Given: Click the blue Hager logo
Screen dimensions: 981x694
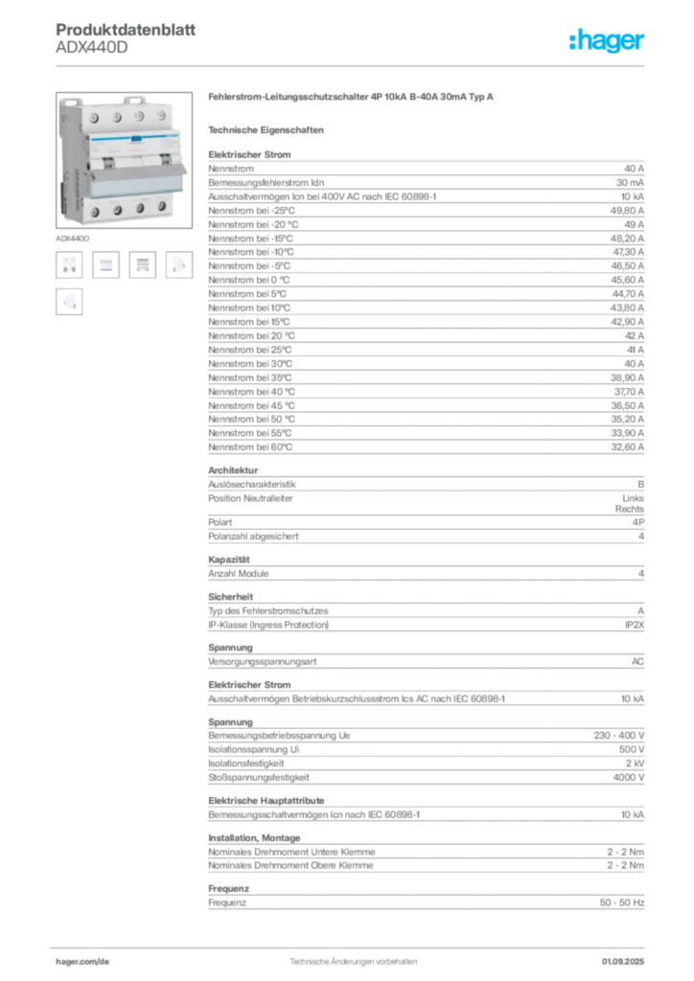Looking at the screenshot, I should [608, 41].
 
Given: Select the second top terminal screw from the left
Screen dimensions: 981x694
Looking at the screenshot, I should [116, 115].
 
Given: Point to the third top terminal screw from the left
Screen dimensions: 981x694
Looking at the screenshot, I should [139, 117].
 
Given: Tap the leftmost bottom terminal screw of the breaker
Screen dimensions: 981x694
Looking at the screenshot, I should [93, 210].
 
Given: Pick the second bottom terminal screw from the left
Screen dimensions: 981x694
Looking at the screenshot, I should [116, 209].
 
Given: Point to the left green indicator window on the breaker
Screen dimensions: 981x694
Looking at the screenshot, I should [96, 161].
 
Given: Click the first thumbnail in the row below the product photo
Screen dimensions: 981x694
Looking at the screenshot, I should [69, 265].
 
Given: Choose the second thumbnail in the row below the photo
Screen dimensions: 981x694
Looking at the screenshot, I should [106, 265].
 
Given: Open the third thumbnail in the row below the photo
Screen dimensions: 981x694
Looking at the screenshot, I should [142, 265].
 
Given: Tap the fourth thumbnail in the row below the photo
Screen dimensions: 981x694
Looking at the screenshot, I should [178, 265].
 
